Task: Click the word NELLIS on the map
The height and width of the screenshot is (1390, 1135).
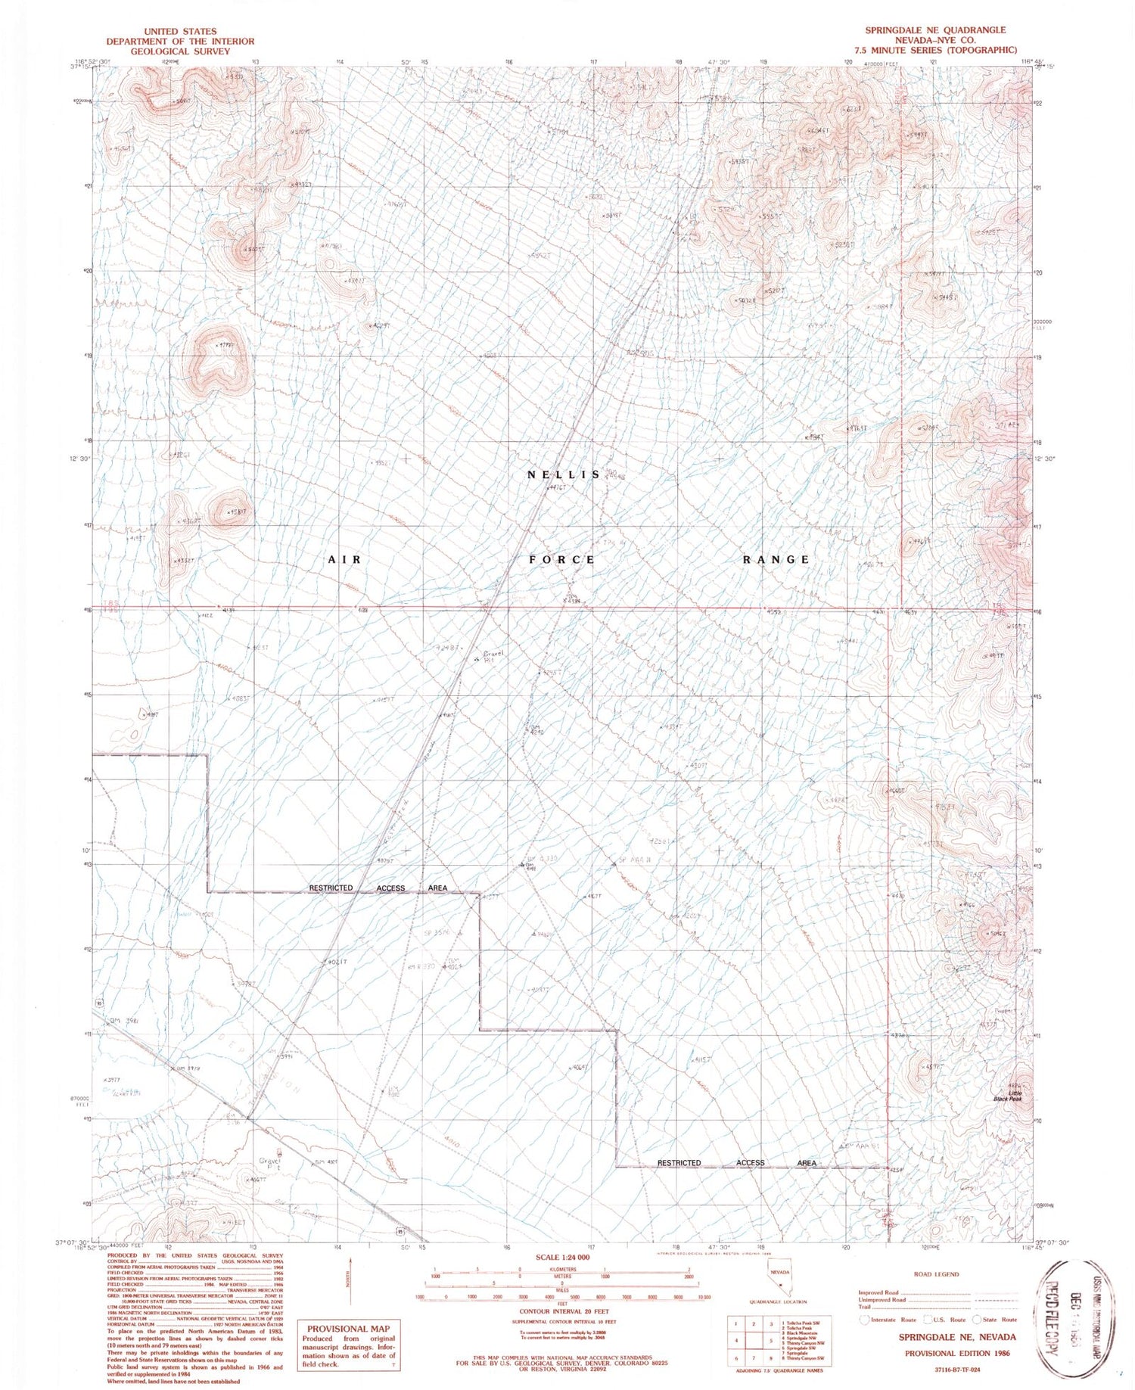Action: (x=564, y=474)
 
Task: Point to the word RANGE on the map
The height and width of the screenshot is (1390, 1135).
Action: (x=776, y=559)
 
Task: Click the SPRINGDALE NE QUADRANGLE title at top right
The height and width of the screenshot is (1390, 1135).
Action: (x=935, y=30)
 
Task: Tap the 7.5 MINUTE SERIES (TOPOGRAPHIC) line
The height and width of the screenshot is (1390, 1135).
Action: (x=935, y=50)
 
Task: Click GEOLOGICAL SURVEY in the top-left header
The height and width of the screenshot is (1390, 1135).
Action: (x=180, y=51)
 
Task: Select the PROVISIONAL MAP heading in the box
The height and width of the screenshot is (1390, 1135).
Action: (x=349, y=1328)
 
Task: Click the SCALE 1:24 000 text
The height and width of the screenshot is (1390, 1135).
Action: (x=562, y=1257)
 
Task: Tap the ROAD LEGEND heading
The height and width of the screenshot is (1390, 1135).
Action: (x=936, y=1274)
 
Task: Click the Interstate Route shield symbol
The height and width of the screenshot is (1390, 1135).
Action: (x=864, y=1319)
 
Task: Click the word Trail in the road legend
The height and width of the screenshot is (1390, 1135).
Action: (x=863, y=1307)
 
